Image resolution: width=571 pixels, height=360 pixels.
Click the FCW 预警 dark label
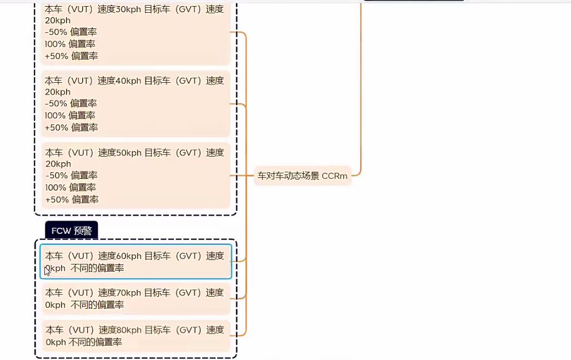point(72,231)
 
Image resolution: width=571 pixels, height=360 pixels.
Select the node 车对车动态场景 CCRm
point(302,176)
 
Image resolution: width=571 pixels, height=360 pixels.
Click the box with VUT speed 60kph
point(135,262)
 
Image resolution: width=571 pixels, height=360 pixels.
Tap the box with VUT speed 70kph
point(135,298)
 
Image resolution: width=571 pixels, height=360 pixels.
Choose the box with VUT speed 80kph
point(135,336)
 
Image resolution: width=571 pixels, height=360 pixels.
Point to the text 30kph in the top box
point(129,9)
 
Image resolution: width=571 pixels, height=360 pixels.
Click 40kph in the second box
point(129,81)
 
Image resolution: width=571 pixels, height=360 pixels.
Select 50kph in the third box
point(129,152)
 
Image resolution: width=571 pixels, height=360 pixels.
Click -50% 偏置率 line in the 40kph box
point(71,103)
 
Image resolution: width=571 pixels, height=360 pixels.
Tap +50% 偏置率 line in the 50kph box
point(72,199)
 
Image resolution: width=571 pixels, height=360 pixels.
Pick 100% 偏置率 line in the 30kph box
point(70,44)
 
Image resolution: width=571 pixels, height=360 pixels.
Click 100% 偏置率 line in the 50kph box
point(71,187)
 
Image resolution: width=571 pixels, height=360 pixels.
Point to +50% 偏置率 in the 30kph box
point(71,56)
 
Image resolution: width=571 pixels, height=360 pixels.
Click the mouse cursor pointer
point(47,271)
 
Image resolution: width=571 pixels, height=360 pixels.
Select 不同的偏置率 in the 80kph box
point(95,342)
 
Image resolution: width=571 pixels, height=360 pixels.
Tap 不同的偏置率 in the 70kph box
point(97,305)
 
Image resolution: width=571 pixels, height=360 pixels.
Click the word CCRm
point(334,176)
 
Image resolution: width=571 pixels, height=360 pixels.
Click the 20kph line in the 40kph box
point(58,92)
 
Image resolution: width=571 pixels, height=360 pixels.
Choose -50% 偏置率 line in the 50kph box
point(71,175)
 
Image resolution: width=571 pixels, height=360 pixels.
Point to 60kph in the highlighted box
point(129,256)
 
